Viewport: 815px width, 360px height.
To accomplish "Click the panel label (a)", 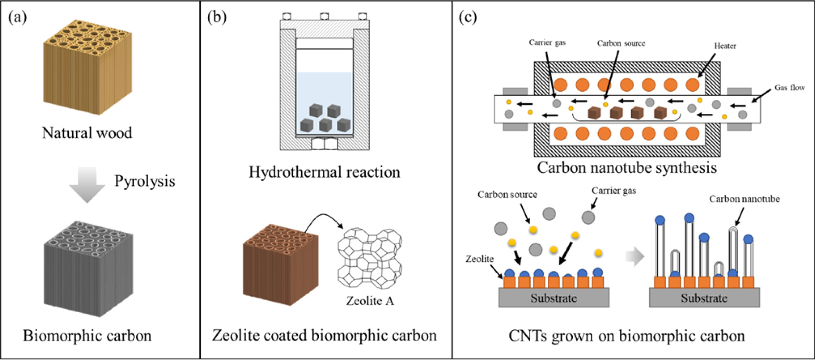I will tap(18, 17).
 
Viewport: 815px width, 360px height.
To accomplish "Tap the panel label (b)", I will tap(217, 17).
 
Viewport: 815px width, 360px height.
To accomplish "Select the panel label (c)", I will tap(468, 17).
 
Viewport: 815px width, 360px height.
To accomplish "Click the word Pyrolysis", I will tap(144, 181).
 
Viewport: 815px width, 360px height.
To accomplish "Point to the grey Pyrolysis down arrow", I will tap(87, 184).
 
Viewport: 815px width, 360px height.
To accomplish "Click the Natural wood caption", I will tap(87, 133).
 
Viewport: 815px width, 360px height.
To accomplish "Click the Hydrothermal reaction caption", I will tap(324, 172).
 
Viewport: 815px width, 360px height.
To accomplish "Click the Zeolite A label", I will tap(370, 301).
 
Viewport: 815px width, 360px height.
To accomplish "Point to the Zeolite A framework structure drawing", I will tap(370, 259).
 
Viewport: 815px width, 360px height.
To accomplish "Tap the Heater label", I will tap(725, 46).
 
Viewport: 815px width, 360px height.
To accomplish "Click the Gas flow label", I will tap(790, 88).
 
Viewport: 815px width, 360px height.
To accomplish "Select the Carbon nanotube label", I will tap(744, 199).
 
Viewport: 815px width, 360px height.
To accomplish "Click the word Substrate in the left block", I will tap(553, 298).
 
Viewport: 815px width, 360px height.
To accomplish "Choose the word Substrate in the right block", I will tap(704, 298).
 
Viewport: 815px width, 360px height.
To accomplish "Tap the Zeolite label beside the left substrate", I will tap(479, 259).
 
